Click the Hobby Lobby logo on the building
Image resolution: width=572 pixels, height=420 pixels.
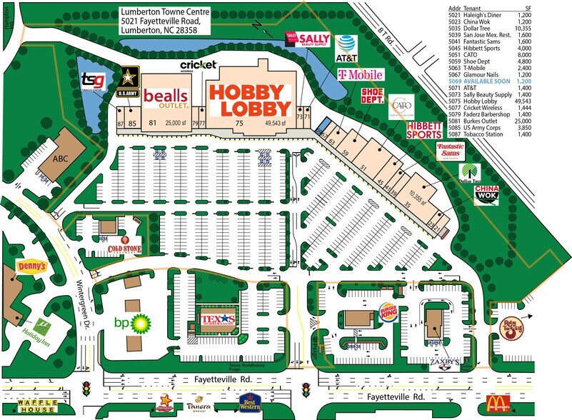pos(250,99)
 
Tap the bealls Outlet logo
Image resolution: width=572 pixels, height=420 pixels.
pos(166,97)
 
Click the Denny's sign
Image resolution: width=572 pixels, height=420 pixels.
pos(32,266)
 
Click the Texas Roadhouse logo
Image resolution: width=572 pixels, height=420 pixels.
pos(217,319)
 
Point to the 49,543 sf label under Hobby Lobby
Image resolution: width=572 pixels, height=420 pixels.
pos(274,124)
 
